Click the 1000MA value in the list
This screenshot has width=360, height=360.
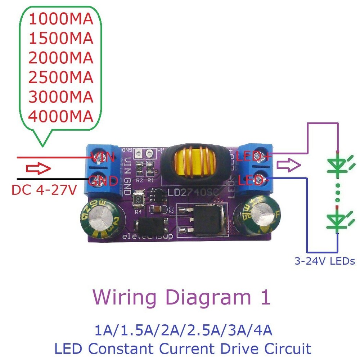(61, 19)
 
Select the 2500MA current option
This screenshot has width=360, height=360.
(61, 77)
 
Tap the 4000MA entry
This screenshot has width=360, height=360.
(61, 116)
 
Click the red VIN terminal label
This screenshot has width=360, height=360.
(102, 157)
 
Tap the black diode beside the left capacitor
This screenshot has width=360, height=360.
(151, 225)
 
